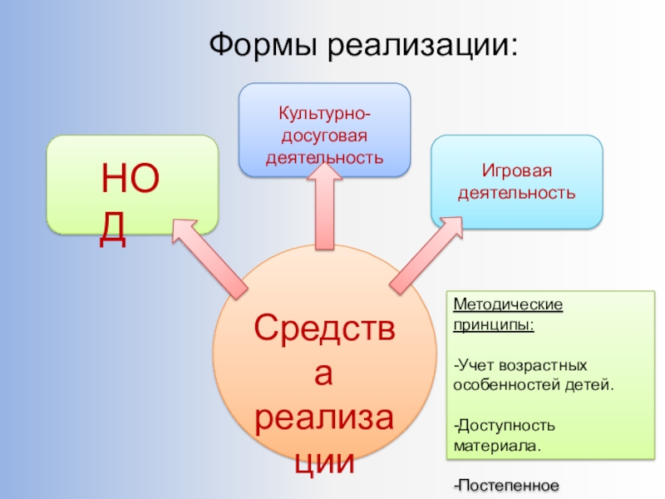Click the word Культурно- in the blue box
324,113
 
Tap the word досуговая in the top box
324,135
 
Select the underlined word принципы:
494,324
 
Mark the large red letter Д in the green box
114,229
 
